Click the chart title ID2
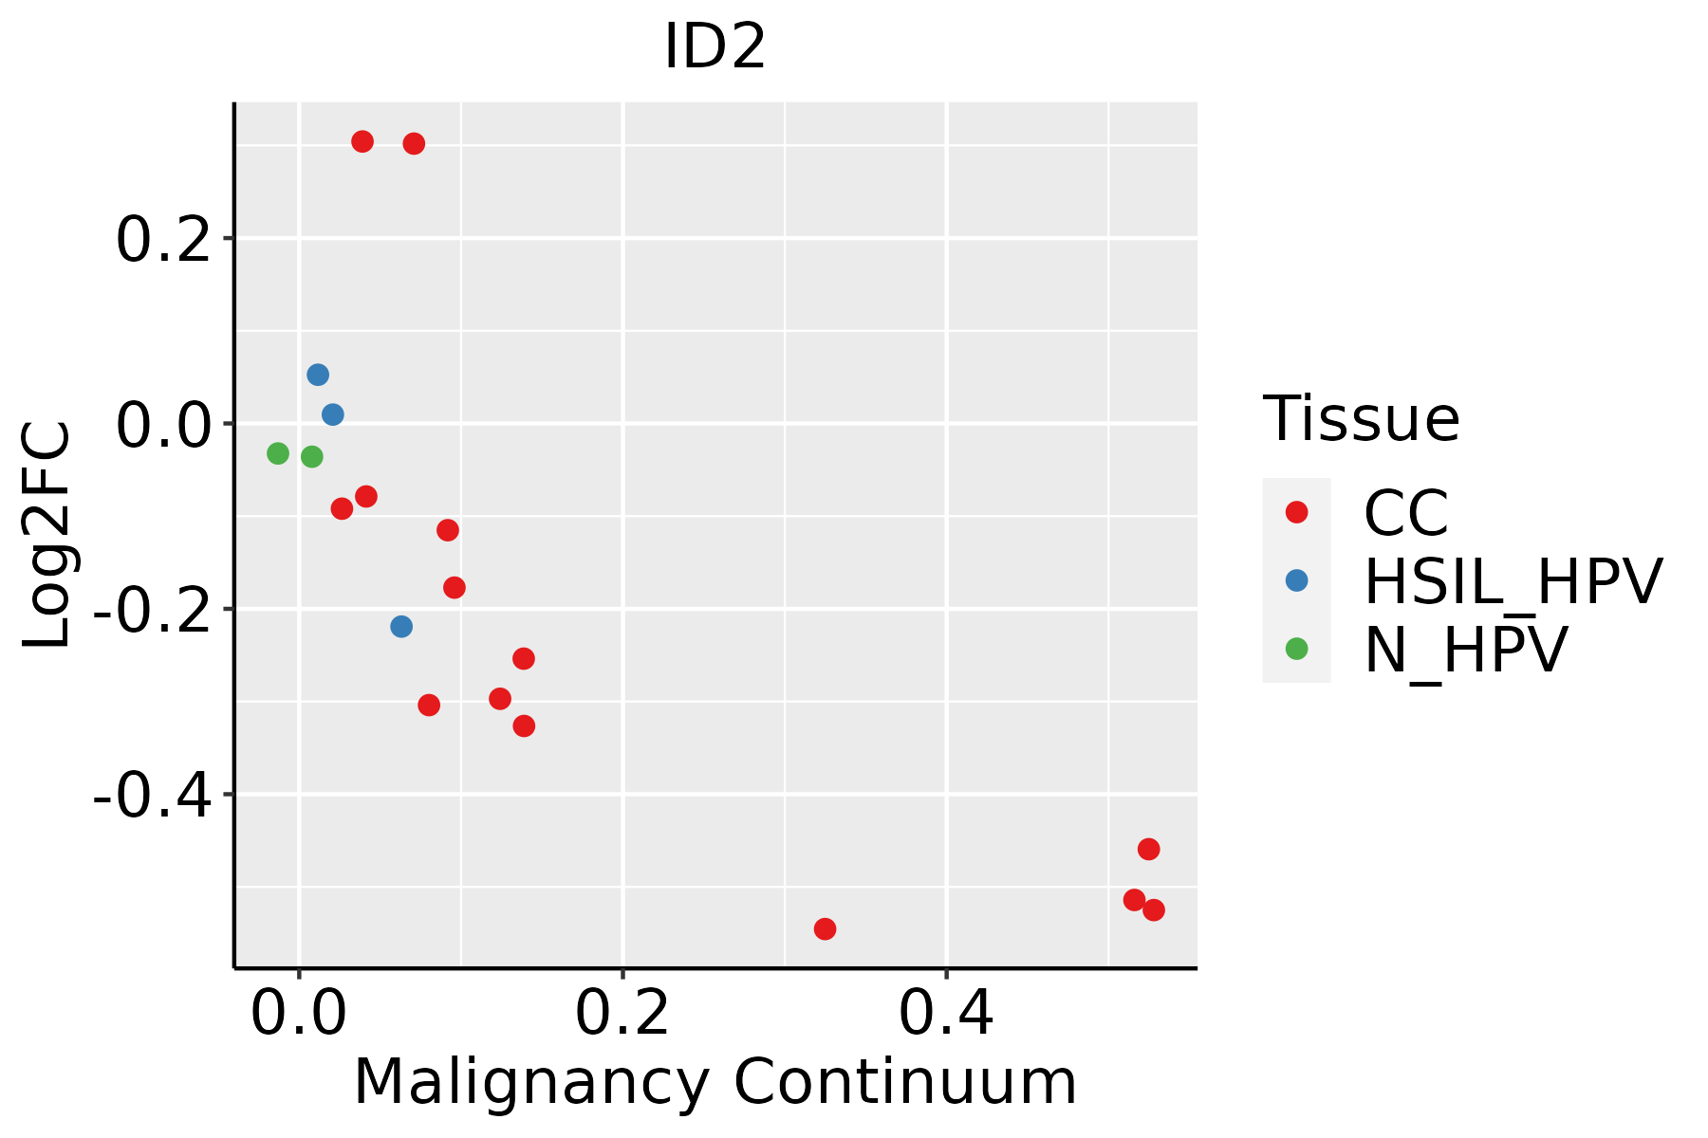[x=715, y=46]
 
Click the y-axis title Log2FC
[x=46, y=535]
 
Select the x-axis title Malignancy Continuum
[x=715, y=1082]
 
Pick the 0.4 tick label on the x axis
[x=946, y=1014]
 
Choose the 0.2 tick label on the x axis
[x=622, y=1014]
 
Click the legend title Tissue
[x=1361, y=418]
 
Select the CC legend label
[x=1406, y=513]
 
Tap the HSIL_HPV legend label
[x=1513, y=581]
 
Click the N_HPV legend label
[x=1465, y=650]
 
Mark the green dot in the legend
[x=1296, y=649]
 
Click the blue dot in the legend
[x=1296, y=580]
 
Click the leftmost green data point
[x=278, y=453]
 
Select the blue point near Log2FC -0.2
[x=401, y=627]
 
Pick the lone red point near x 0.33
[x=825, y=928]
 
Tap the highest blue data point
[x=318, y=375]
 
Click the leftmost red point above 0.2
[x=362, y=141]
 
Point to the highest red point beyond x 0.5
[x=1148, y=849]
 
